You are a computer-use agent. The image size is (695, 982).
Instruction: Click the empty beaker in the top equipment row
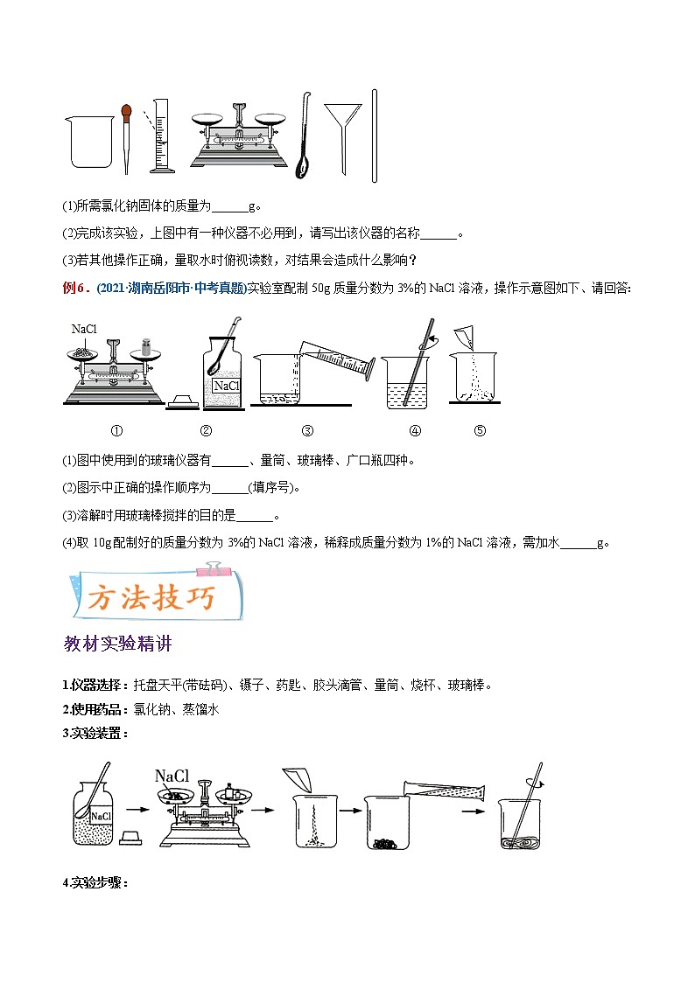click(89, 141)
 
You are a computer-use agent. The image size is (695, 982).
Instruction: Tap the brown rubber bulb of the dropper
click(127, 112)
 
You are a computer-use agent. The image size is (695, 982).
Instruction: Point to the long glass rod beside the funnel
click(374, 136)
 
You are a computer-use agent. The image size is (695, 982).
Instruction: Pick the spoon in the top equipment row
click(305, 140)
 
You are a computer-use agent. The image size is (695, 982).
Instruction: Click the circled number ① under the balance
click(116, 430)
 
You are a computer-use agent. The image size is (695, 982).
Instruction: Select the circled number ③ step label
click(307, 430)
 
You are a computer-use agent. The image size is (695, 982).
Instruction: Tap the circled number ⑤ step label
click(479, 430)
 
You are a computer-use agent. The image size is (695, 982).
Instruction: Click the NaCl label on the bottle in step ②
click(227, 386)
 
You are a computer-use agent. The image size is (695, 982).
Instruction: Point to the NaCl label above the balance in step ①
click(84, 330)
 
